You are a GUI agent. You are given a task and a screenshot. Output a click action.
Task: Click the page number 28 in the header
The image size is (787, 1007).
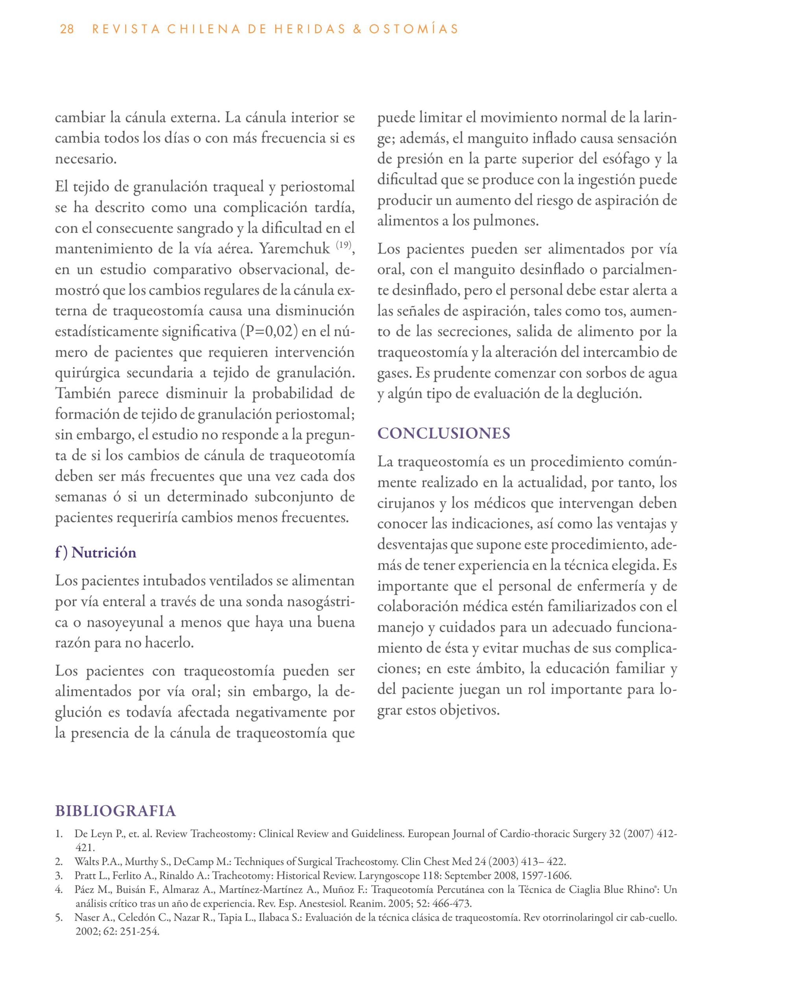67,30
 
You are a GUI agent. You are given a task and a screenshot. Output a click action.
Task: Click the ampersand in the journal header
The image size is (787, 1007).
356,30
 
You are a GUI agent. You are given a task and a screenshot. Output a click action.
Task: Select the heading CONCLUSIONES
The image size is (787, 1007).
444,434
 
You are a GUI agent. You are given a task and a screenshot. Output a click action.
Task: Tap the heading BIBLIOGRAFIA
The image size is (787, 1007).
115,811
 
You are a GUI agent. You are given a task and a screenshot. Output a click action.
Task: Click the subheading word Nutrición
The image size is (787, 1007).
104,552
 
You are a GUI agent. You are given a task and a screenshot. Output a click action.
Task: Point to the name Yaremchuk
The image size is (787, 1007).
295,249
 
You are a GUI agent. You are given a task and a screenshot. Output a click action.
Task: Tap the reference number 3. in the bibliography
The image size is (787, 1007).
59,876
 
